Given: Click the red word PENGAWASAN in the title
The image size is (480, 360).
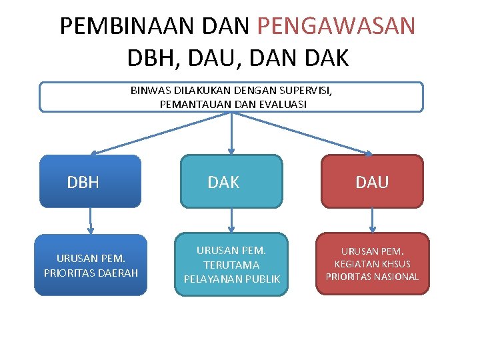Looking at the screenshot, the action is point(335,26).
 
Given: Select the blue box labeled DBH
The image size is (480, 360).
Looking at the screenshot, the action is point(91,181).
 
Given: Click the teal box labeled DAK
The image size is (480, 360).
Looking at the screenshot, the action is point(231,181).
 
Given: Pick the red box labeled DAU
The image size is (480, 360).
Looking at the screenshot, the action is point(373,181).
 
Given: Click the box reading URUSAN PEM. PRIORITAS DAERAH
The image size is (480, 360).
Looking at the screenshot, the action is point(91,265).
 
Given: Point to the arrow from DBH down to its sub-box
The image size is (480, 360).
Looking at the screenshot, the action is point(91,220).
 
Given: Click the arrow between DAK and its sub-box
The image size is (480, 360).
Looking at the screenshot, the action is point(231,220).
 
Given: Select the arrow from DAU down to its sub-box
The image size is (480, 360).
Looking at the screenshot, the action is point(373,220).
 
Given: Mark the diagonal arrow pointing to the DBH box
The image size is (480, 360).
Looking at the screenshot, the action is point(160,133).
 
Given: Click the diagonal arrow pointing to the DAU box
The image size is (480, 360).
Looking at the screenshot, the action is point(303,133).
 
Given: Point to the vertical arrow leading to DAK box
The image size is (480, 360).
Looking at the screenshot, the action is point(231,133).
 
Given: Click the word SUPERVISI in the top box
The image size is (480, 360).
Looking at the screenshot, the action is point(306,91).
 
